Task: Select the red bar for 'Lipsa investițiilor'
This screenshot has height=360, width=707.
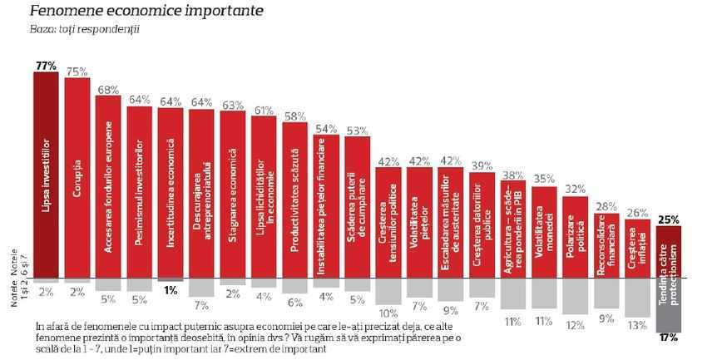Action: pyautogui.click(x=46, y=175)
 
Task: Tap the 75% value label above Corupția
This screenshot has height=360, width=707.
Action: pyautogui.click(x=77, y=72)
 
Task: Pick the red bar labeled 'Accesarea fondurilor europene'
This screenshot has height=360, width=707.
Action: pyautogui.click(x=108, y=186)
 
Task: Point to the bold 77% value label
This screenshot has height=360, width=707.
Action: pyautogui.click(x=46, y=64)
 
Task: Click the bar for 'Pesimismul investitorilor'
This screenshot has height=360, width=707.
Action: pyautogui.click(x=139, y=191)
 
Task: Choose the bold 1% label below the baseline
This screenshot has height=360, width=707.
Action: pyautogui.click(x=171, y=290)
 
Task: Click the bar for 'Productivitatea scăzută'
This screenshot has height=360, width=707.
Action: pyautogui.click(x=294, y=200)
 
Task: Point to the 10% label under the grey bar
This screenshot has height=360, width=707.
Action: pyautogui.click(x=388, y=313)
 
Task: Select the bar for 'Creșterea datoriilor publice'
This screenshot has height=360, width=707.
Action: pyautogui.click(x=482, y=225)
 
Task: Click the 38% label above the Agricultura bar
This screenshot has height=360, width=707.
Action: pyautogui.click(x=512, y=175)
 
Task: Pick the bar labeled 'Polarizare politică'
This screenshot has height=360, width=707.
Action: pyautogui.click(x=575, y=237)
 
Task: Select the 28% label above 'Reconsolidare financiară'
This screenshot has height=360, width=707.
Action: pyautogui.click(x=606, y=206)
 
